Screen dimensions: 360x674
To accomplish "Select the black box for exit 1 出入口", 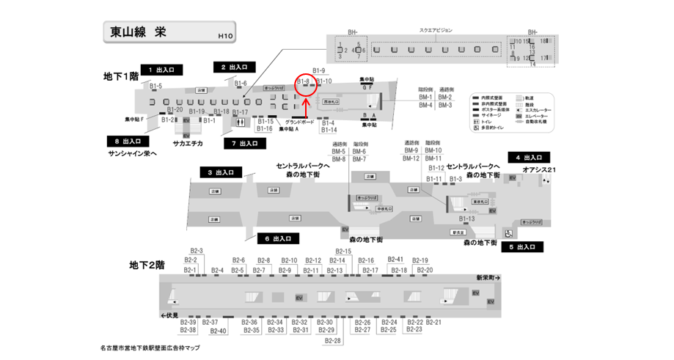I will [x=160, y=70].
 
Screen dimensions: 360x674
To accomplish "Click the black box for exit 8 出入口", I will [x=128, y=141].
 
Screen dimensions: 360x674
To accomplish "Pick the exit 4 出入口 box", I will [x=528, y=158].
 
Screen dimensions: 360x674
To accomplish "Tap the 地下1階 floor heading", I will [x=120, y=76].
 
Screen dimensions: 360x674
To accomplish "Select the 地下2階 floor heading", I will [x=147, y=264].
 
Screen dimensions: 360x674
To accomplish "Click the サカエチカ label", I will [x=188, y=144].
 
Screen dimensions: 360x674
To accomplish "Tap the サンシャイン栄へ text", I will [x=133, y=154].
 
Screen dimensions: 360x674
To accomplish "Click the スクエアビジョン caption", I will [x=436, y=30].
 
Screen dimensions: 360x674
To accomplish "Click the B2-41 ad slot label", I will [x=395, y=260].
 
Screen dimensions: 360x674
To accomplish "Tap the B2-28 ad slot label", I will [x=333, y=341].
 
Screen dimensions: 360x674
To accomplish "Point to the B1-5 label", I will [x=156, y=87].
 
